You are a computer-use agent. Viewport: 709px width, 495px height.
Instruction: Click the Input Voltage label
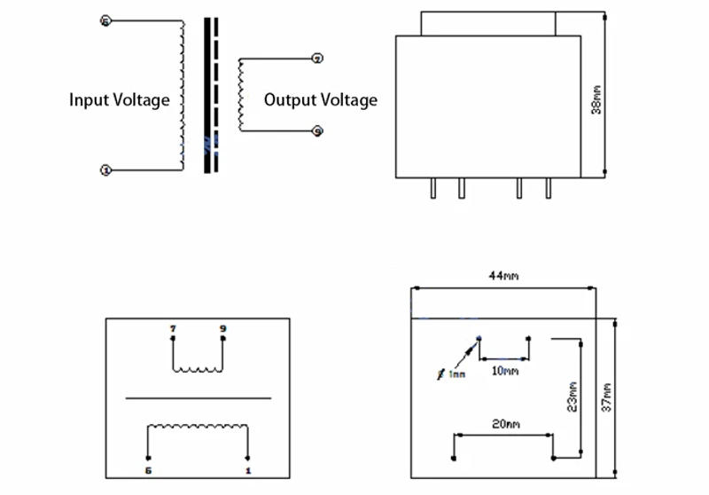[x=120, y=99]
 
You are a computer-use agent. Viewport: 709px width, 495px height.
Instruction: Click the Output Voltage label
[x=320, y=99]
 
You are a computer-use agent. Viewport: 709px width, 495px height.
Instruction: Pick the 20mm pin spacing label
[x=506, y=425]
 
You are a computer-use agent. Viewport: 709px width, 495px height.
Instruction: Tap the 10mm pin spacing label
[x=504, y=370]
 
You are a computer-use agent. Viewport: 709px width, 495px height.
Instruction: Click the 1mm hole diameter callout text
[x=454, y=374]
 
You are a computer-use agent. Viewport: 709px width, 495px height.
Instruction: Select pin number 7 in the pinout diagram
[x=173, y=328]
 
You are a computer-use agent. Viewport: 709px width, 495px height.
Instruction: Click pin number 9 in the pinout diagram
[x=222, y=328]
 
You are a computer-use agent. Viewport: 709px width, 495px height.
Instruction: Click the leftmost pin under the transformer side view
[x=432, y=188]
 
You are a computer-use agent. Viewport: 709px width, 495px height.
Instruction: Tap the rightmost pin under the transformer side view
[x=548, y=188]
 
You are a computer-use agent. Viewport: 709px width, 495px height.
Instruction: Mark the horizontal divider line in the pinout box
[x=199, y=398]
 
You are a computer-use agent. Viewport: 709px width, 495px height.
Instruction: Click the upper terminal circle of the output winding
[x=318, y=59]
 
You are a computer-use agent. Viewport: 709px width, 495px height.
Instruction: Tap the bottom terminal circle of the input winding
[x=105, y=169]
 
